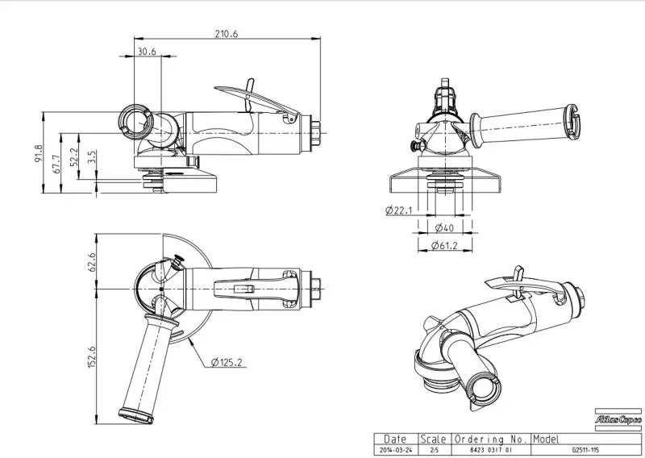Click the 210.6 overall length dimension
pos(227,33)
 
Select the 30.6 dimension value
pos(147,51)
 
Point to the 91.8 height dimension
pos(38,153)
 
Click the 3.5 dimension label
pos(92,156)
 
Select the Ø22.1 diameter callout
pos(399,210)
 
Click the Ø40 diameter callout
pos(442,229)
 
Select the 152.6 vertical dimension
pos(92,356)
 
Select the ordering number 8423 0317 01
pos(491,449)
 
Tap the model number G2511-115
pos(586,449)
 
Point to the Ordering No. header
pos(491,439)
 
